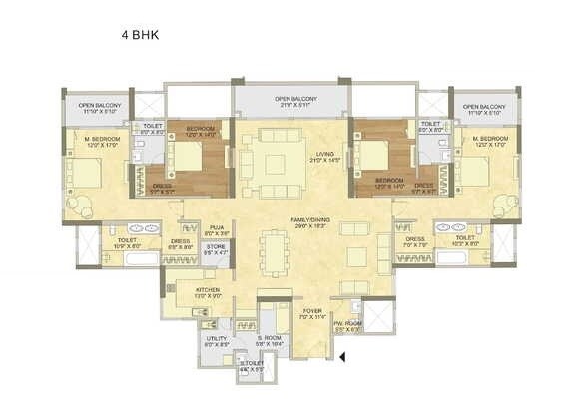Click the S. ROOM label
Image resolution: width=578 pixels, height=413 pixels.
(269, 340)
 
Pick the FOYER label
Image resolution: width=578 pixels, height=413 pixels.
(313, 314)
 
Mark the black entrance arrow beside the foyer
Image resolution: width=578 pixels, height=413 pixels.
(341, 355)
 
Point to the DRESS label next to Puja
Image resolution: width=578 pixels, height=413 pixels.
(180, 242)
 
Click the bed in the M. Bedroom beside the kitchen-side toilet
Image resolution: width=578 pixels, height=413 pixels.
(86, 173)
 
